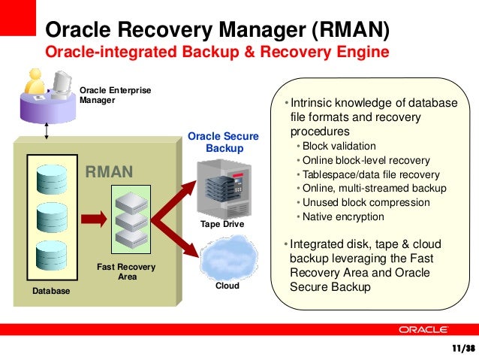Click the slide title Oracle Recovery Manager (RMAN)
point(218,30)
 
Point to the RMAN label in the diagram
point(109,173)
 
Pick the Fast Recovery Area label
point(127,272)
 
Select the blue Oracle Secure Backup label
point(223,142)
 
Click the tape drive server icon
point(222,191)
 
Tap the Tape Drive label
point(223,225)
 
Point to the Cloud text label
point(227,286)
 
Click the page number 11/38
point(462,349)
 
